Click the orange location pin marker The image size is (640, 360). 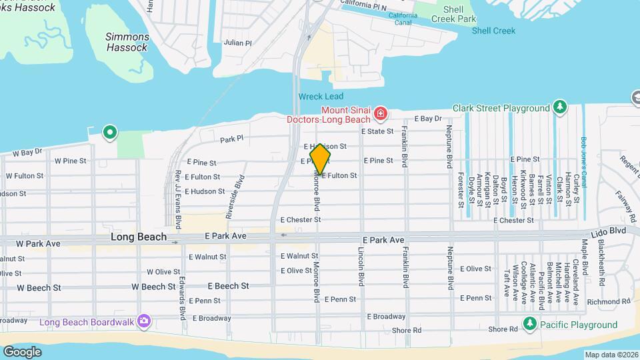click(321, 159)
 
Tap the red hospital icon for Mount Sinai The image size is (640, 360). click(381, 113)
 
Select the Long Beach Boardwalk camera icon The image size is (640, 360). click(143, 322)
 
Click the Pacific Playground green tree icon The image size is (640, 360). click(530, 324)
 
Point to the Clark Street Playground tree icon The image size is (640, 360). click(560, 107)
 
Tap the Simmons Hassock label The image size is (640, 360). click(127, 43)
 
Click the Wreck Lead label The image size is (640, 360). click(321, 97)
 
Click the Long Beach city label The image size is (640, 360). click(139, 237)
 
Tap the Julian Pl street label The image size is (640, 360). click(238, 43)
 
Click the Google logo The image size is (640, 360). click(22, 351)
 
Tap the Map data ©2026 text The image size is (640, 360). click(611, 355)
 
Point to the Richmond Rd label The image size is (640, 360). click(604, 301)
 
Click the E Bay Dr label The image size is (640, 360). click(428, 119)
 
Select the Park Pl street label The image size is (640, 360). click(233, 140)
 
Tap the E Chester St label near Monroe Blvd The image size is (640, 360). click(301, 219)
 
